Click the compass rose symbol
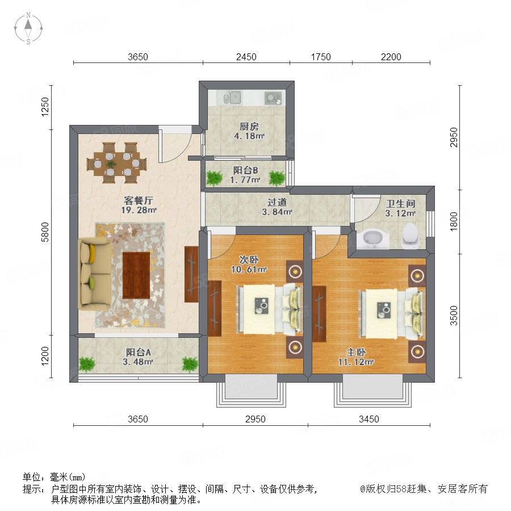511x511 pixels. click(28, 28)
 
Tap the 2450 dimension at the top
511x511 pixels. click(246, 57)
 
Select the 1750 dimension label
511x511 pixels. click(321, 57)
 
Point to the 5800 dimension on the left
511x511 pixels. click(45, 232)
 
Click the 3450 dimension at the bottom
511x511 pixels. click(369, 419)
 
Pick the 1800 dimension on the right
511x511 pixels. click(454, 221)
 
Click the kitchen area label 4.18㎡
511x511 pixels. click(249, 136)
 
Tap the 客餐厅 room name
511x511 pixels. click(139, 200)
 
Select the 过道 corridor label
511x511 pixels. click(277, 202)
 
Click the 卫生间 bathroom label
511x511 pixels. click(400, 204)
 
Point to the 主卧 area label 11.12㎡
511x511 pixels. click(356, 362)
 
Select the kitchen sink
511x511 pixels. click(232, 98)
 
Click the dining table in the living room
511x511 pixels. click(116, 162)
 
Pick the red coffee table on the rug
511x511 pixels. click(136, 275)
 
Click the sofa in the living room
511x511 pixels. click(95, 274)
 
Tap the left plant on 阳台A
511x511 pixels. click(87, 364)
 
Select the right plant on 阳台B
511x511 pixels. click(277, 178)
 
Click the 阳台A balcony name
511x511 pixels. click(139, 352)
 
